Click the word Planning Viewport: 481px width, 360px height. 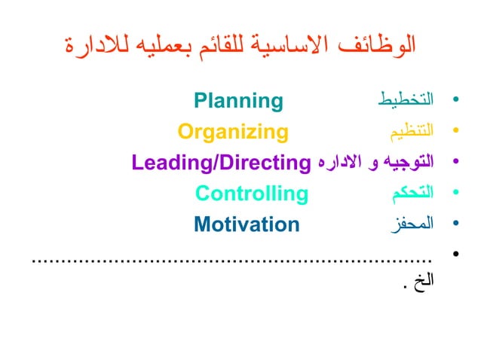[238, 100]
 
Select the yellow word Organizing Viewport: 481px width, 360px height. [233, 133]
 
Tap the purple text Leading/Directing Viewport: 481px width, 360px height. [222, 162]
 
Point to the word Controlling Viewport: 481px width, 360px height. [252, 194]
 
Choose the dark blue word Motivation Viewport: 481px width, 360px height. [247, 224]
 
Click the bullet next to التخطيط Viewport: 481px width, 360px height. [454, 101]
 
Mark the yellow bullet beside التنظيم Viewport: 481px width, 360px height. [454, 133]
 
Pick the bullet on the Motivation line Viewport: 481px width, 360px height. [454, 225]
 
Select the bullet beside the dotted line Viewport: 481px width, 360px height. [454, 256]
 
